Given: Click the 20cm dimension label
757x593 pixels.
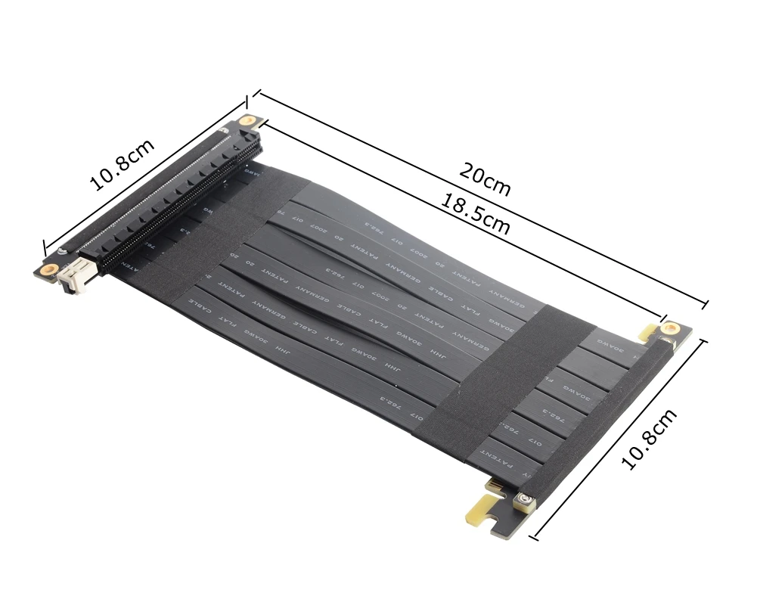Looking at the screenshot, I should pyautogui.click(x=485, y=179).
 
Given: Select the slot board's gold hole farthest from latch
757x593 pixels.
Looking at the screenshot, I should pyautogui.click(x=247, y=120).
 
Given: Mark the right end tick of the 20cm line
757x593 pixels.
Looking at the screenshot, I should pyautogui.click(x=706, y=304).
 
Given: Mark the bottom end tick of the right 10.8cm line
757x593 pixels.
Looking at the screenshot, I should pyautogui.click(x=535, y=538).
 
